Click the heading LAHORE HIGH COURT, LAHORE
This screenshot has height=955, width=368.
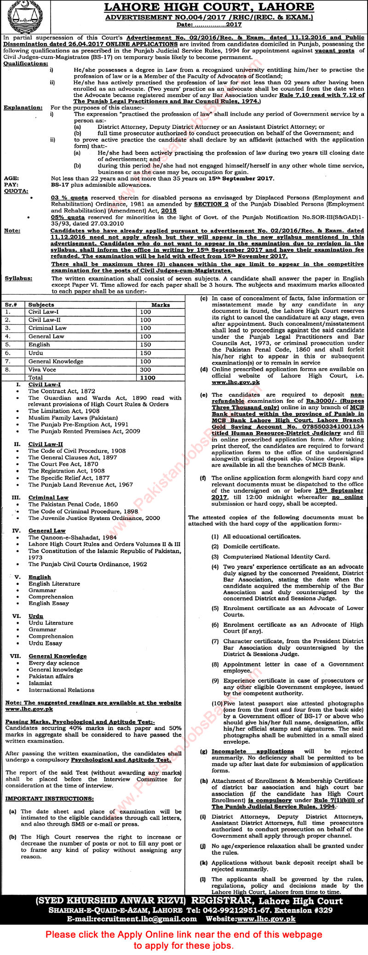[209, 7]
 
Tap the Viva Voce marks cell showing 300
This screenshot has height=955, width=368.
[145, 369]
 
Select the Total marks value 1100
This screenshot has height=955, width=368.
[148, 377]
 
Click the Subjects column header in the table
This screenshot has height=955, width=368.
[41, 304]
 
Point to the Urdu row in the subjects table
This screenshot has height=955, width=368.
[34, 353]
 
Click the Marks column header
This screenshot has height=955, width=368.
[160, 304]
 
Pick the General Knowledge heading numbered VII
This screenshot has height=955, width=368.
[57, 656]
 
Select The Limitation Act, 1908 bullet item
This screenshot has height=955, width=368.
[64, 411]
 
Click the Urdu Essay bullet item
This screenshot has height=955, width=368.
[45, 643]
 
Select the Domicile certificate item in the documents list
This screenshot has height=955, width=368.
[251, 546]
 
